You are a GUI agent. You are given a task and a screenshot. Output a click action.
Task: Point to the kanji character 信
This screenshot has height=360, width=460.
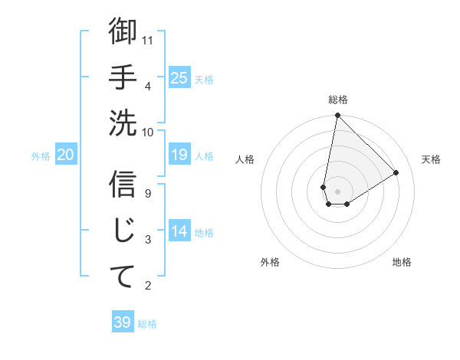123,185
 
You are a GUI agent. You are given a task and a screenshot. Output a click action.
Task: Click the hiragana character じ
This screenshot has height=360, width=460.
123,231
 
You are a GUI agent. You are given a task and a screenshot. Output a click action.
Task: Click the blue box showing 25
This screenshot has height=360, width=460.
179,77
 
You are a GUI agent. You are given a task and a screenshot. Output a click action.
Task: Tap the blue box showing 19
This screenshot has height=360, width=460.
179,155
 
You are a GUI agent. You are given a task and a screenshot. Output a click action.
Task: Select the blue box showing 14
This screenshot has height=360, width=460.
179,231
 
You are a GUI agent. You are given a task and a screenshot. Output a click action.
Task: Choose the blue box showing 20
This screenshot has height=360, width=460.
66,155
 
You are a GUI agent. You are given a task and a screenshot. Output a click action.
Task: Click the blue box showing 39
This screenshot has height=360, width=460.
123,322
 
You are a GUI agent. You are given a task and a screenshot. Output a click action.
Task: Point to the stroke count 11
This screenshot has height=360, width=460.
149,39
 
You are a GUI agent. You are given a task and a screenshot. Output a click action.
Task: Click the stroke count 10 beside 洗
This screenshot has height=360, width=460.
149,131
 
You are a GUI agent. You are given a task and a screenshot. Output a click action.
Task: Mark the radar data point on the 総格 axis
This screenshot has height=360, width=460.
337,116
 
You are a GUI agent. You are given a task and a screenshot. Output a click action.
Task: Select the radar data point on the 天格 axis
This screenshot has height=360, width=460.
396,173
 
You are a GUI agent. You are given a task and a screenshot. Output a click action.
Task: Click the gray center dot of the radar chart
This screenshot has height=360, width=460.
337,191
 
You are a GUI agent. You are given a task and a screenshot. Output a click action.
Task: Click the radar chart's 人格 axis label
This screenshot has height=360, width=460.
245,159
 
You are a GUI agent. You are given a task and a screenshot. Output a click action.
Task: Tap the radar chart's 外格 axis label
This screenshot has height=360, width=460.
270,262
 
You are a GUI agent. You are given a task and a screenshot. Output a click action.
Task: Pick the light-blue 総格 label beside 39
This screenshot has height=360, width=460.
147,324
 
